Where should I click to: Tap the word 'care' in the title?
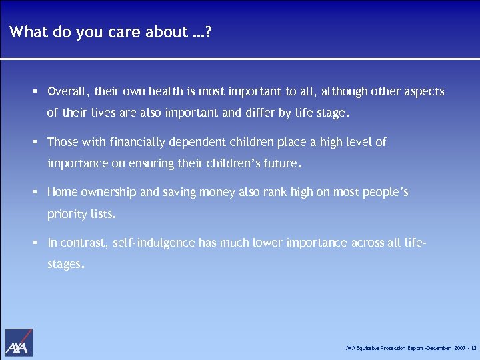134,31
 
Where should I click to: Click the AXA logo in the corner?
19,343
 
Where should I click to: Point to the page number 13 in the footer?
473,349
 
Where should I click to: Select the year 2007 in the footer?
459,349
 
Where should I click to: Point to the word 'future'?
278,163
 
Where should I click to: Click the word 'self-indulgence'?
154,243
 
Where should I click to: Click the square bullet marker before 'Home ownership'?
34,193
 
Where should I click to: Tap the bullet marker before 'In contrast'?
34,243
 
